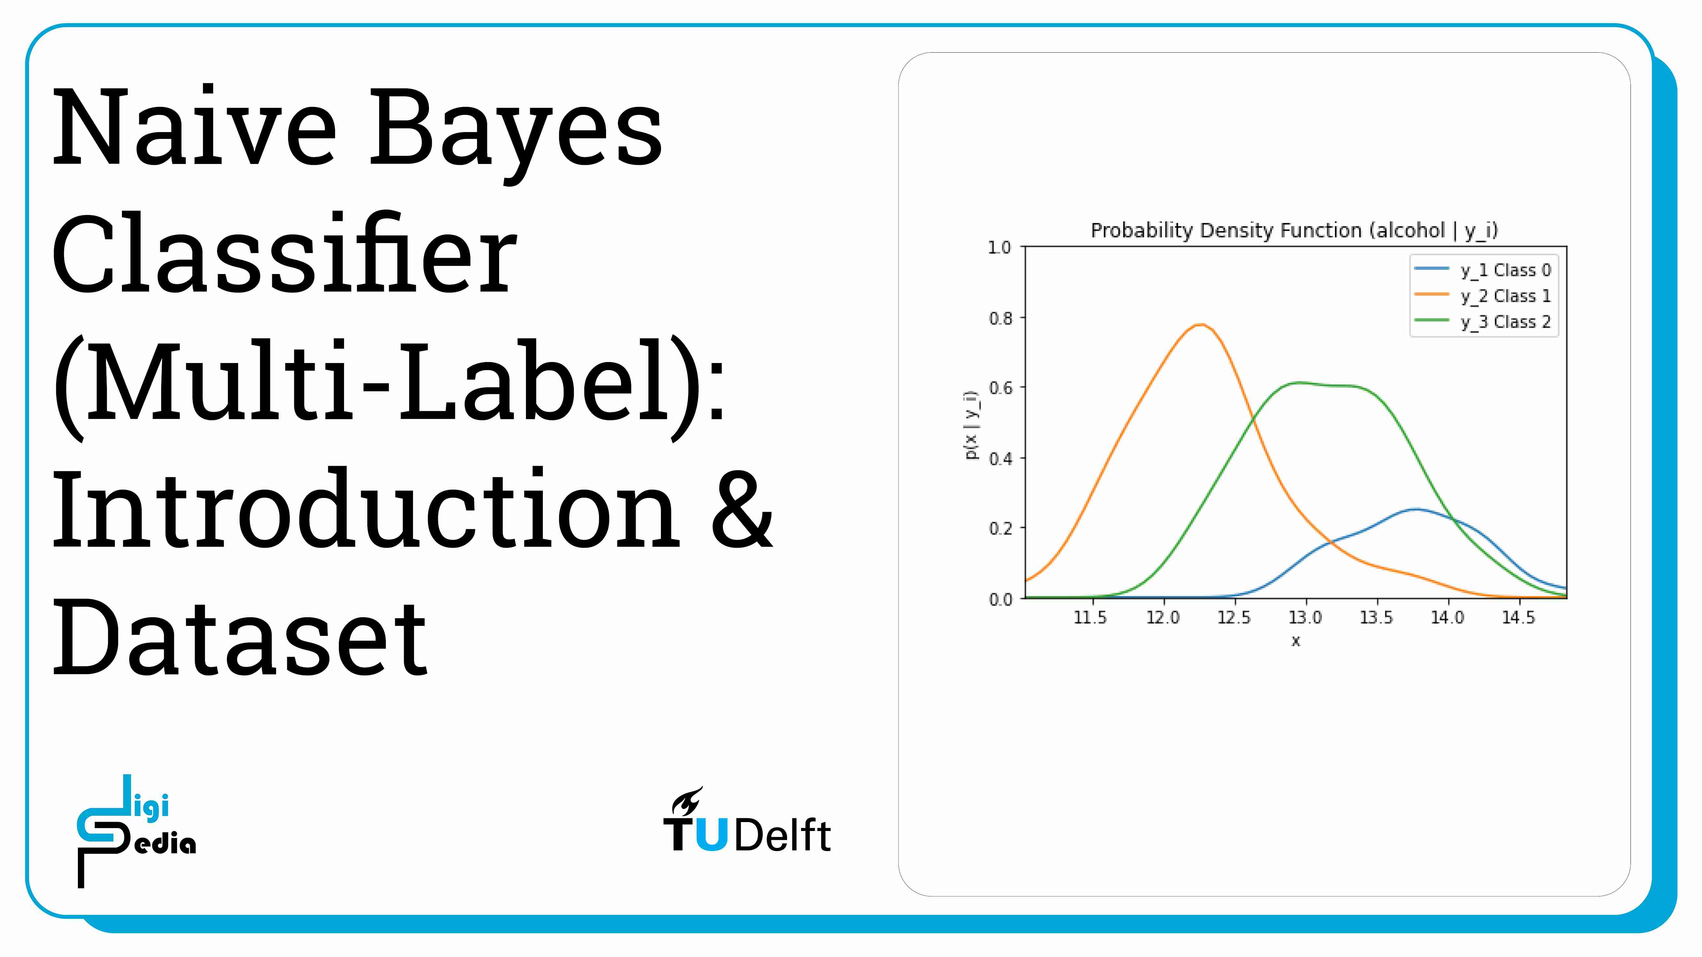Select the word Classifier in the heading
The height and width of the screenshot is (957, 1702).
[284, 254]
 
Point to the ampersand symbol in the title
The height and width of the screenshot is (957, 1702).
[741, 510]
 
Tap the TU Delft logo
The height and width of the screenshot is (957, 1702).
[746, 822]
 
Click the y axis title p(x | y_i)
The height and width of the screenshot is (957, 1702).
[971, 425]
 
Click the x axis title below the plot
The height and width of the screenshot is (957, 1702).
[1296, 641]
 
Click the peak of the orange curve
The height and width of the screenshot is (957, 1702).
[1201, 324]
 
